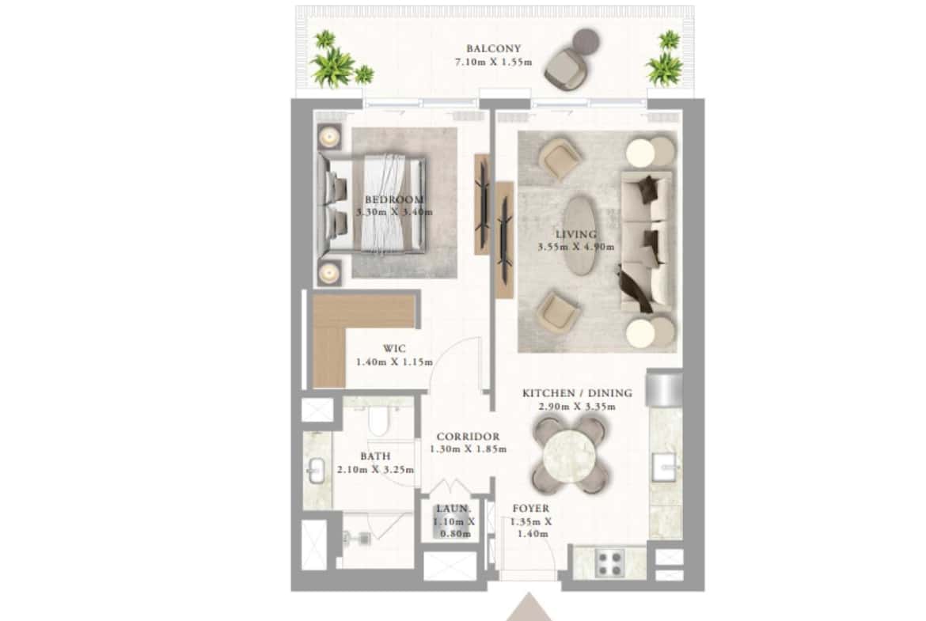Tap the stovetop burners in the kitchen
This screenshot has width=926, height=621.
610,562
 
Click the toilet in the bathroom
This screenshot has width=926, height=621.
378,422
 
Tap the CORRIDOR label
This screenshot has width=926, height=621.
468,436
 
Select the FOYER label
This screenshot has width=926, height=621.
530,509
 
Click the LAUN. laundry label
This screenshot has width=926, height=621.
454,509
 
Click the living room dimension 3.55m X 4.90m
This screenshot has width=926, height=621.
575,247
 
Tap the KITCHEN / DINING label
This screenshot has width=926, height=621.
577,393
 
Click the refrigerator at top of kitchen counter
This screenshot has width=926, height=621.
664,389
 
